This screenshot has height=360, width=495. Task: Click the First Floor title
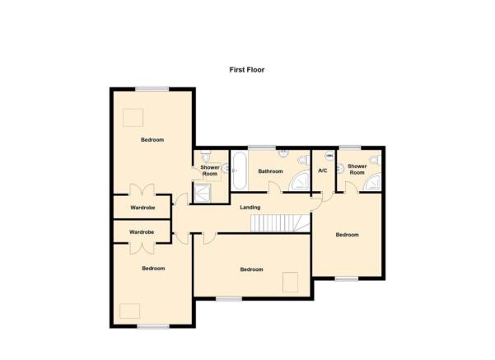(x=247, y=70)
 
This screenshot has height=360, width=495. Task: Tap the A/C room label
(x=323, y=171)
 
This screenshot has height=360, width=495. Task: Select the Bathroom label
(x=270, y=171)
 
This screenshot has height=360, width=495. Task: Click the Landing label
(x=250, y=208)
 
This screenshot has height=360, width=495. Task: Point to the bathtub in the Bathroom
(x=239, y=171)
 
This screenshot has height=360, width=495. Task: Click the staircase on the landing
(x=280, y=223)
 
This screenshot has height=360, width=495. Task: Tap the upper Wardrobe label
(x=142, y=208)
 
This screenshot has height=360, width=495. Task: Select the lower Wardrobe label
(x=142, y=232)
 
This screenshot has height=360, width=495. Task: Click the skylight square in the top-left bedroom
(x=133, y=118)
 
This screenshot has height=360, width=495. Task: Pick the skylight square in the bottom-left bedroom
(x=130, y=311)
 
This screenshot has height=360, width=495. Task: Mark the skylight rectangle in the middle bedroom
(x=291, y=282)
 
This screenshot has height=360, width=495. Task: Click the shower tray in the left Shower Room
(x=202, y=194)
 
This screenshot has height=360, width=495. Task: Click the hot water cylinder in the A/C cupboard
(x=329, y=156)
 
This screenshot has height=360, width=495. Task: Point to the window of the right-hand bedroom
(x=347, y=278)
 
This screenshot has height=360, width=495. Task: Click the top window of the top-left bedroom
(x=152, y=89)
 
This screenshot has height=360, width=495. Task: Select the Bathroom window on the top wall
(x=262, y=147)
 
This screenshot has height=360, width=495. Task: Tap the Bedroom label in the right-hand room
(x=348, y=235)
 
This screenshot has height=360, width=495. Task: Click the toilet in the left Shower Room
(x=207, y=156)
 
